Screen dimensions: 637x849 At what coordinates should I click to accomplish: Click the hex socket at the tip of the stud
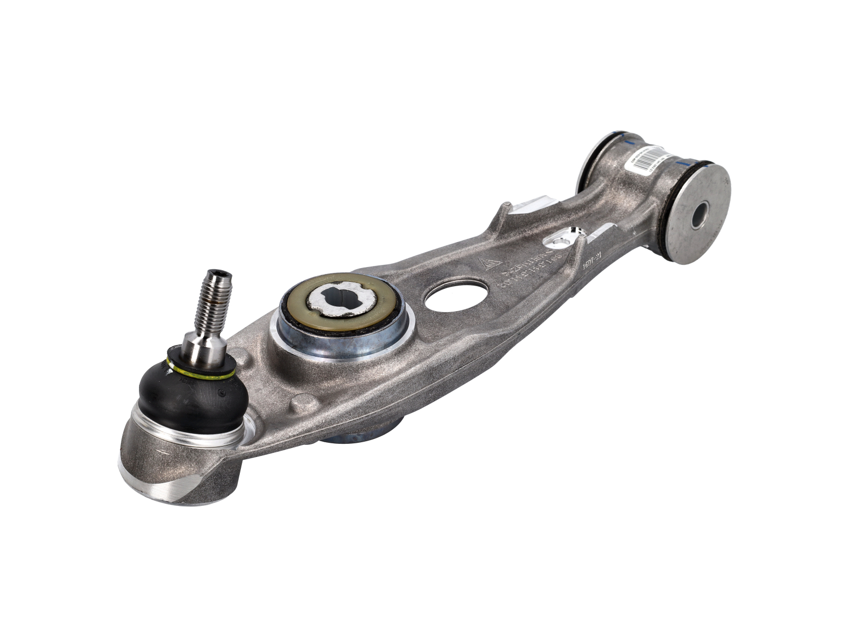click(219, 275)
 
